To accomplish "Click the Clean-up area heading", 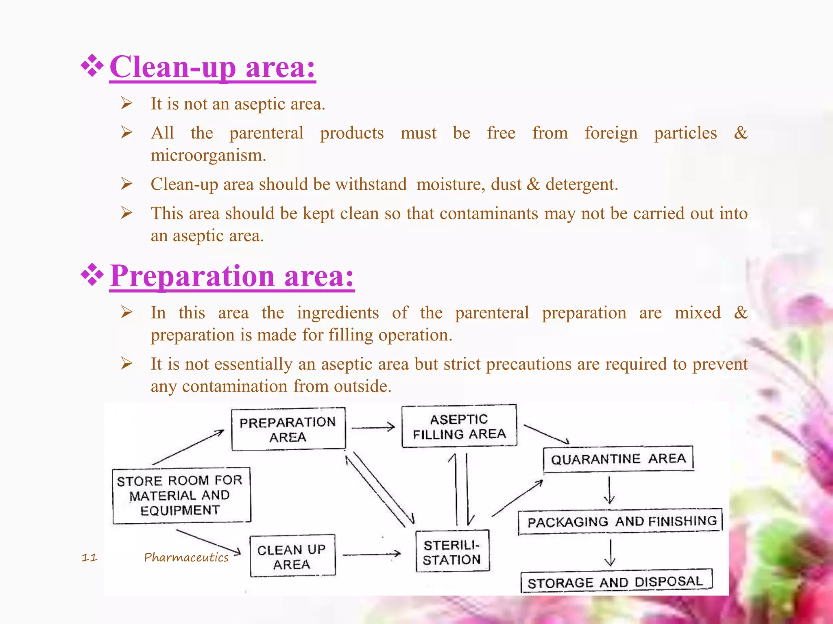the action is tap(212, 67).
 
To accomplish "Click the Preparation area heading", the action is tap(232, 276).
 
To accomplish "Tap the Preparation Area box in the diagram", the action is tap(288, 429).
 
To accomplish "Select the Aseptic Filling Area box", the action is tap(459, 427).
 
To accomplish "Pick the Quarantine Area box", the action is tap(618, 459).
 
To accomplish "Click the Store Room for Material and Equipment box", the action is tap(181, 495).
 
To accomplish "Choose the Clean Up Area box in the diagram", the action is tap(292, 557).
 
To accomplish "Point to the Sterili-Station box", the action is tap(452, 552).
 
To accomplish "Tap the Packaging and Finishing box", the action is tap(621, 522).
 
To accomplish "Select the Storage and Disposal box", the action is tap(616, 582).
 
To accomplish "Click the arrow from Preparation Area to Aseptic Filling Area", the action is tap(373, 427).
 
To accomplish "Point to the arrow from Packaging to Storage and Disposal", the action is tap(610, 552).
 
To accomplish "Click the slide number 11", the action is tap(89, 557).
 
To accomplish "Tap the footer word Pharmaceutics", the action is tap(186, 557).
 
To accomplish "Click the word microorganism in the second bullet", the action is tap(208, 156).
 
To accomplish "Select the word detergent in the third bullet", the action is tap(582, 184).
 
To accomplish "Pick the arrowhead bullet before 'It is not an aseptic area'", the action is tap(126, 104).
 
